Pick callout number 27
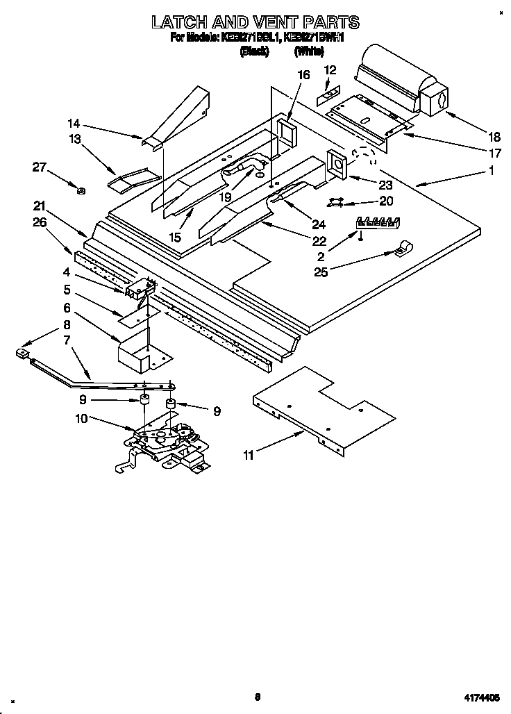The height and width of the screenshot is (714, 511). [40, 166]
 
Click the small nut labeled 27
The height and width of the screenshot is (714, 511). [81, 190]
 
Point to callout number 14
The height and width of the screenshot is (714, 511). [74, 124]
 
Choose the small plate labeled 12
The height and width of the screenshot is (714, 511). [329, 92]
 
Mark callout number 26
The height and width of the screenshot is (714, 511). [40, 222]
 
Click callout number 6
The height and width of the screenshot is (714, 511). [67, 307]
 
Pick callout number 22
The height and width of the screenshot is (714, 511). [319, 241]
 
